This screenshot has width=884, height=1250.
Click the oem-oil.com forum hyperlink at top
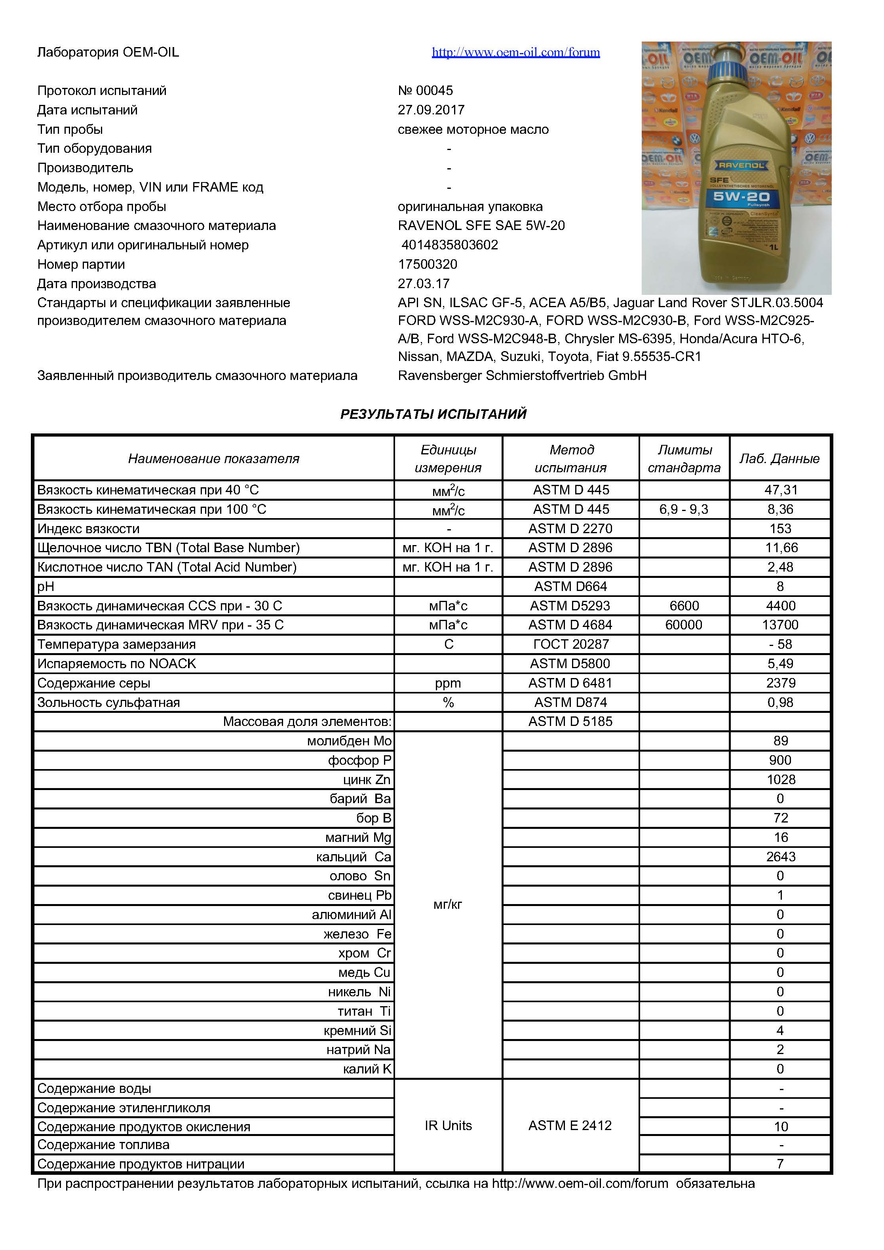(515, 52)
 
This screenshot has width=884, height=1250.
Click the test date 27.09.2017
(431, 110)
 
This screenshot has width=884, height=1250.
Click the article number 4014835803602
(449, 245)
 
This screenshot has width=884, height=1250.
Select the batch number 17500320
(428, 264)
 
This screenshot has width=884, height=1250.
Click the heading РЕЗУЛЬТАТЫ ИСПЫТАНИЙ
(433, 414)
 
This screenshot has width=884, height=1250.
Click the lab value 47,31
(781, 490)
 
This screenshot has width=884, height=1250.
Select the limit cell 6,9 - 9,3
(684, 509)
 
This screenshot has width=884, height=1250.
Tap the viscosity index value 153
(780, 529)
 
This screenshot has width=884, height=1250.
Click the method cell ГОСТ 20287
(570, 645)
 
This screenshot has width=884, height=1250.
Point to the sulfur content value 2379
(781, 683)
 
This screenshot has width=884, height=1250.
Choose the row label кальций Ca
(354, 857)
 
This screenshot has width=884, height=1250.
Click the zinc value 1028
(781, 780)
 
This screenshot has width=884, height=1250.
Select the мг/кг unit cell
(447, 905)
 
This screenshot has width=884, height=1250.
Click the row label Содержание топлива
(103, 1145)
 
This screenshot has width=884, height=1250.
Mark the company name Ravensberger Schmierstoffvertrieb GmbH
(522, 376)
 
